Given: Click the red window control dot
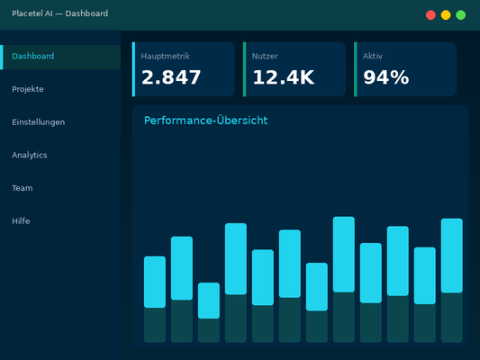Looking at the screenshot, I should [431, 14].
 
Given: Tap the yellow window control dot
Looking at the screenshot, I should [446, 14].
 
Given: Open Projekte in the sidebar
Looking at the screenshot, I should [28, 89].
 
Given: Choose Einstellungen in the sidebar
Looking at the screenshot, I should [39, 122].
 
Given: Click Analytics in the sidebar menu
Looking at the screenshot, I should [30, 155].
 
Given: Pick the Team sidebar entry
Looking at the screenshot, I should [23, 188].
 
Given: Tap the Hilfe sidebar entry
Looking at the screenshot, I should [22, 220].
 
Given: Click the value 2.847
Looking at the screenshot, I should [171, 78].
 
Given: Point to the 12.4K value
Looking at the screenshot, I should [283, 78].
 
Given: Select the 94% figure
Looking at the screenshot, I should [386, 78].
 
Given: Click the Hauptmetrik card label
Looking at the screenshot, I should [165, 56].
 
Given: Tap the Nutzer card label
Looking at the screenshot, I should [265, 56].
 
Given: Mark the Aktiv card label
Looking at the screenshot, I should [373, 56].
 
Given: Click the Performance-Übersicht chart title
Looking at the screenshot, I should [205, 121].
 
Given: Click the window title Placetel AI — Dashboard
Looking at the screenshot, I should [60, 13].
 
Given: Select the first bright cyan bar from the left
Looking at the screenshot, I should [155, 282].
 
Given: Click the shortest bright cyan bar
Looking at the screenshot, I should [209, 301].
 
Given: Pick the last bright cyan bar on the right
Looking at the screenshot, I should [452, 256].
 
